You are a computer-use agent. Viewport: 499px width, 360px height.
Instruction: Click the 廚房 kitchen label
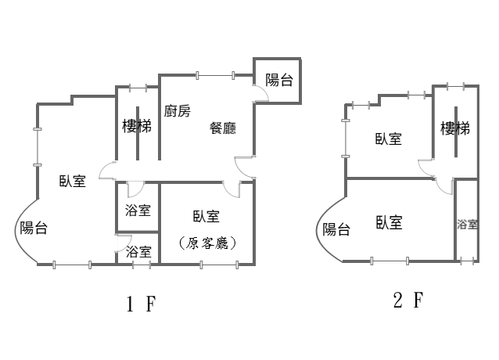coord(178,111)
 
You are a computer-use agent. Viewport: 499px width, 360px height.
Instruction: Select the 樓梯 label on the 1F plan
coord(137,126)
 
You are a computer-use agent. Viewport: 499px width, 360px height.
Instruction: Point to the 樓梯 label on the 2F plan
coord(454,128)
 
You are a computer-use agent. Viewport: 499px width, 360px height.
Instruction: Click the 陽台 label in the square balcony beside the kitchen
coord(279,79)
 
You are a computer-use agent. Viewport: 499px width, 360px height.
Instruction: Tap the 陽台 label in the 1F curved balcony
coord(34,228)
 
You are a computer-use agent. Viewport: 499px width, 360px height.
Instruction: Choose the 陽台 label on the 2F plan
coord(336,229)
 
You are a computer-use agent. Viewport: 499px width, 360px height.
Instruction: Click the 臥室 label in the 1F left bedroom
coord(73,182)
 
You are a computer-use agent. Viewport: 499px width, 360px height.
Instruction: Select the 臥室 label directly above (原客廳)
coord(206,217)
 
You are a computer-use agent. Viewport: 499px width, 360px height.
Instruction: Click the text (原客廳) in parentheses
coord(207,243)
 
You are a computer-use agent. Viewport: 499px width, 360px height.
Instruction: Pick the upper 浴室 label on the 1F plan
coord(138,211)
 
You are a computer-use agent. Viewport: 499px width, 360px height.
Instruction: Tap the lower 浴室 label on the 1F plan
coord(138,252)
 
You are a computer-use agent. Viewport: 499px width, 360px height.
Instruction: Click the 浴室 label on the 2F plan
coord(467,225)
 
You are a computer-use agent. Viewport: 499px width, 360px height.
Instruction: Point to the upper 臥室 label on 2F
coord(388,139)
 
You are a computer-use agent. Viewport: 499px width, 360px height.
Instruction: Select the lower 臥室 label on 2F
coord(388,223)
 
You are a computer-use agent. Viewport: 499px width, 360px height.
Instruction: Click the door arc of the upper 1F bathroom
coord(134,189)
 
